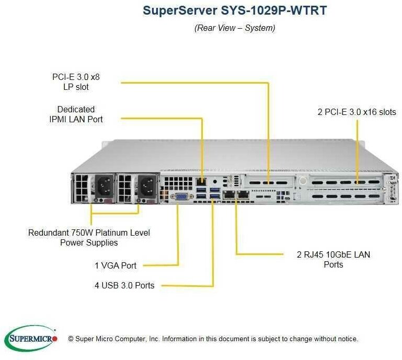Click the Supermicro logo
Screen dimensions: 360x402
(x=31, y=339)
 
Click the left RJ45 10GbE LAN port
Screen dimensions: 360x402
(x=228, y=196)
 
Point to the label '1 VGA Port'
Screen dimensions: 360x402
(x=116, y=265)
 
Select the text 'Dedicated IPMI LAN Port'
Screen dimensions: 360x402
(x=76, y=114)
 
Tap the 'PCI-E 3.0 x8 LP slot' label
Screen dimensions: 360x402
(x=76, y=82)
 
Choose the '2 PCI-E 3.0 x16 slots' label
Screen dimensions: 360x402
(x=357, y=112)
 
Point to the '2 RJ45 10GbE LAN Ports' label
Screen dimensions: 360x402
(x=333, y=259)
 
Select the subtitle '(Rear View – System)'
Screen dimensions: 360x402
(x=235, y=28)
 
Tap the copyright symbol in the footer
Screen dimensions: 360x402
(x=71, y=339)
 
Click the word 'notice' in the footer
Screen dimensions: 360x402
(x=347, y=339)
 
